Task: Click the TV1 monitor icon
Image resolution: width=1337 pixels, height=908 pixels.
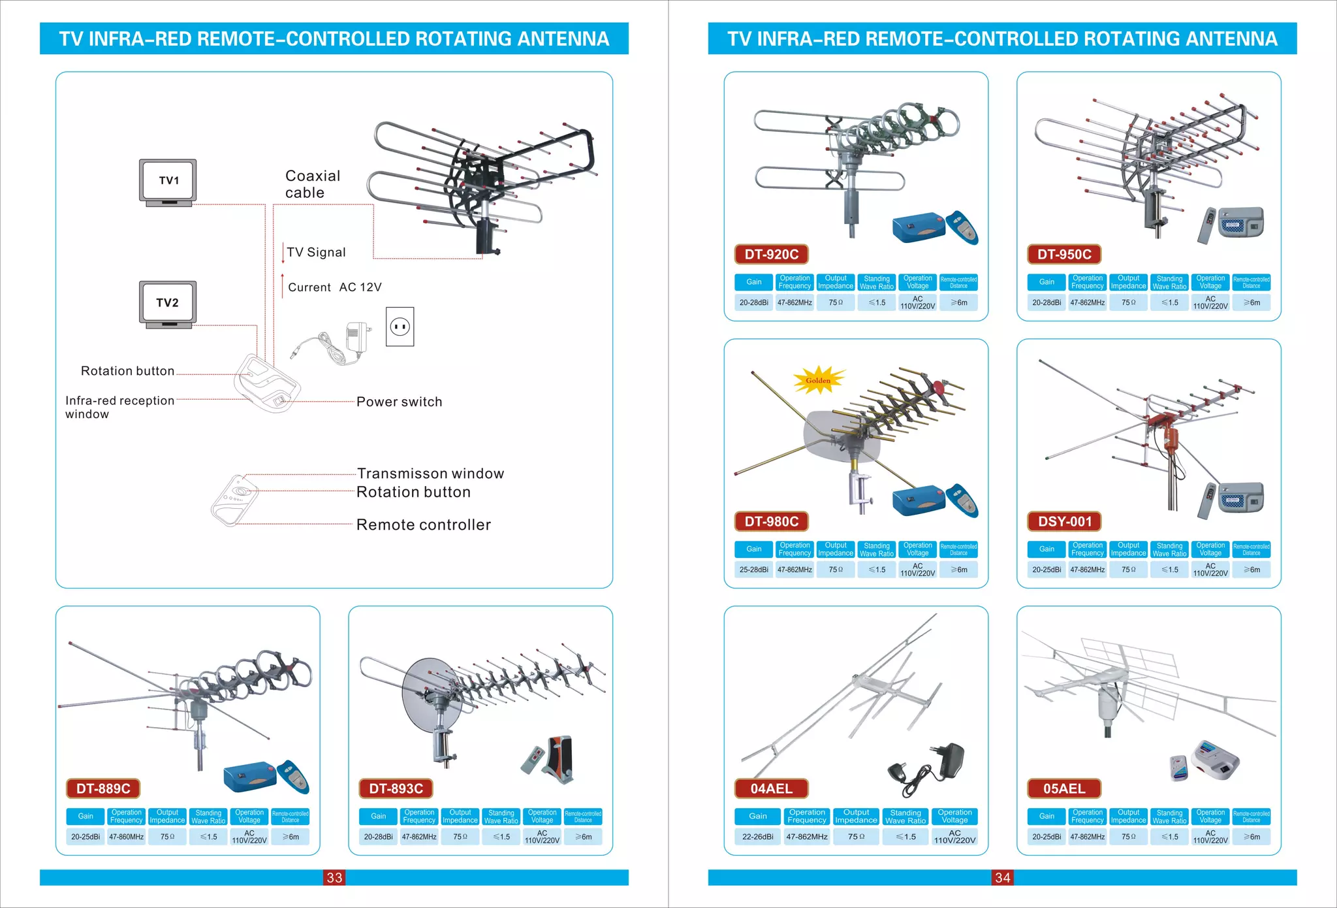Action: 168,182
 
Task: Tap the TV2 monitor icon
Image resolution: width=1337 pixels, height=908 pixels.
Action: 168,304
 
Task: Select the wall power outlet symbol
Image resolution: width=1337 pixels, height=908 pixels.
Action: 400,326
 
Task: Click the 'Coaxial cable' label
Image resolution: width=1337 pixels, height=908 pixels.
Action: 312,184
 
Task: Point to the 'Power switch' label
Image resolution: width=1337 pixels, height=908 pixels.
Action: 399,402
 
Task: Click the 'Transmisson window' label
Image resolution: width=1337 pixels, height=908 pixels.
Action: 430,474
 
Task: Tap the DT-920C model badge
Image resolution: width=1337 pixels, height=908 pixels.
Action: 771,254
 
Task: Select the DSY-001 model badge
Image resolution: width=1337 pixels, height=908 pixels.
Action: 1064,521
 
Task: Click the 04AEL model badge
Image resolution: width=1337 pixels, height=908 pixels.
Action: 771,788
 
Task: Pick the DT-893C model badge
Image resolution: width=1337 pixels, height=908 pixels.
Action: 396,788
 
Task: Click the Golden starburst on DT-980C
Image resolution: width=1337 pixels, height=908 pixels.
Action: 818,380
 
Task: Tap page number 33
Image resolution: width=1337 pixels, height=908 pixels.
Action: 334,877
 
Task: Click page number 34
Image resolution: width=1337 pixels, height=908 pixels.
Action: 1003,877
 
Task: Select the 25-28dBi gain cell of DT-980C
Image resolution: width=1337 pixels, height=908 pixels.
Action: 753,570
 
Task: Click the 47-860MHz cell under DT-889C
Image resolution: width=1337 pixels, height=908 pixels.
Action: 126,837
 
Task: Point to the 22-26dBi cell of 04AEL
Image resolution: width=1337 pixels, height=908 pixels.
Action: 757,837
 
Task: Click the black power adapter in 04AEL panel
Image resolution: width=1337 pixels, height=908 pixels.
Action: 947,762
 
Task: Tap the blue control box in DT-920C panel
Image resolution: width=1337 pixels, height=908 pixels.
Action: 918,227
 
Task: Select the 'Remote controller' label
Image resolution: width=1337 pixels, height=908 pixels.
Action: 423,525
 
